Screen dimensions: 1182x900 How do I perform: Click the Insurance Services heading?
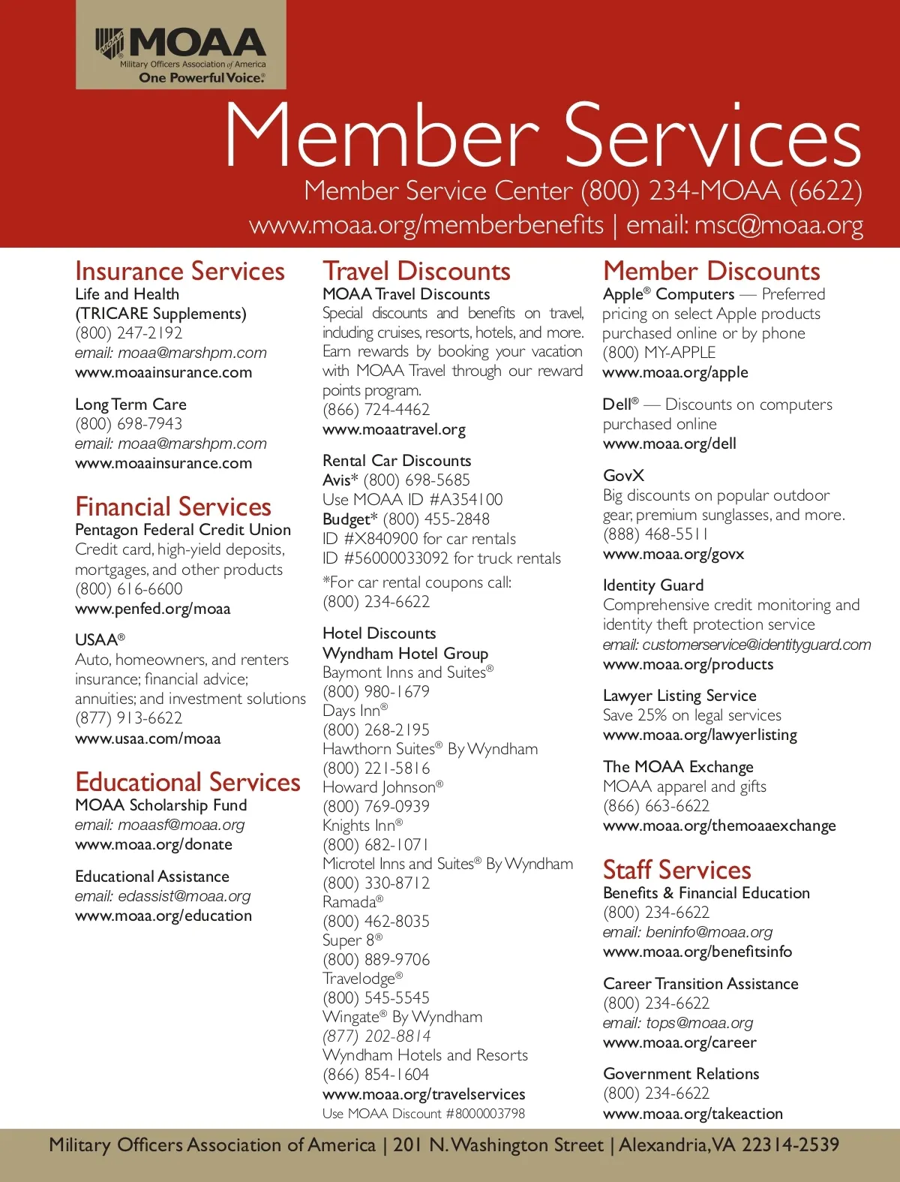[x=180, y=271]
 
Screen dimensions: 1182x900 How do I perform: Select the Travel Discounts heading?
[x=416, y=271]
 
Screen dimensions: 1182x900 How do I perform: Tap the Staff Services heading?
[x=676, y=870]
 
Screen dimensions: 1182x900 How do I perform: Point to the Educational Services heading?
[x=187, y=782]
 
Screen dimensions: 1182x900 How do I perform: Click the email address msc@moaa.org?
[x=778, y=226]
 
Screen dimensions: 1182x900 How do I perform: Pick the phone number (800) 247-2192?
[x=128, y=333]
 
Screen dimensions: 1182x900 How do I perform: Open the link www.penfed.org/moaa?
[x=152, y=609]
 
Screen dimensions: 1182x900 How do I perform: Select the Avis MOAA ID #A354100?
[x=412, y=500]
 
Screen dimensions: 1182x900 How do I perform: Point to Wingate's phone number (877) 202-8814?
[x=376, y=1036]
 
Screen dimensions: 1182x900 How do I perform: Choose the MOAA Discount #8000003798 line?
[x=424, y=1114]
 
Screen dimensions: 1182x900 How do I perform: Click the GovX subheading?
[x=623, y=476]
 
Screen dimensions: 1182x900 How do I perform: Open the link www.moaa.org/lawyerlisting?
[x=700, y=735]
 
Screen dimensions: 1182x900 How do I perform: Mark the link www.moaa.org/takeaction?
[x=692, y=1114]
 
